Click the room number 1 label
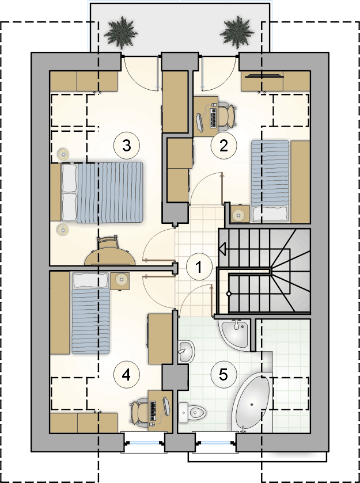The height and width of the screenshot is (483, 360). (x=199, y=267)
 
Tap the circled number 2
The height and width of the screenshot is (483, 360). (x=223, y=146)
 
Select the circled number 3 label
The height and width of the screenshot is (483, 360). (x=127, y=146)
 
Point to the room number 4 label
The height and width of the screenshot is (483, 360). (x=126, y=375)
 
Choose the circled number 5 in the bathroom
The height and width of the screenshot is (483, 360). (x=223, y=375)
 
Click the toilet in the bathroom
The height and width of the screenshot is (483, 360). (x=192, y=412)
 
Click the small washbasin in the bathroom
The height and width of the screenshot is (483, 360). (x=186, y=352)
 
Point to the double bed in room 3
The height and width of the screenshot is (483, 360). (x=97, y=192)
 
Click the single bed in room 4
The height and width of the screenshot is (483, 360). (x=91, y=313)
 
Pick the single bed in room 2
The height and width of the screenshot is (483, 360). (x=270, y=181)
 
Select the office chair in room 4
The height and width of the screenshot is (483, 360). (x=139, y=410)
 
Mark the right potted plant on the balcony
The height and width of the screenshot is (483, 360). (x=237, y=32)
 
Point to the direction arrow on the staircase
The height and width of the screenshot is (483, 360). (x=222, y=248)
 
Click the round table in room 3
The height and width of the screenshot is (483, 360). (x=109, y=257)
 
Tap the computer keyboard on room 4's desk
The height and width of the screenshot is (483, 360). (x=153, y=411)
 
